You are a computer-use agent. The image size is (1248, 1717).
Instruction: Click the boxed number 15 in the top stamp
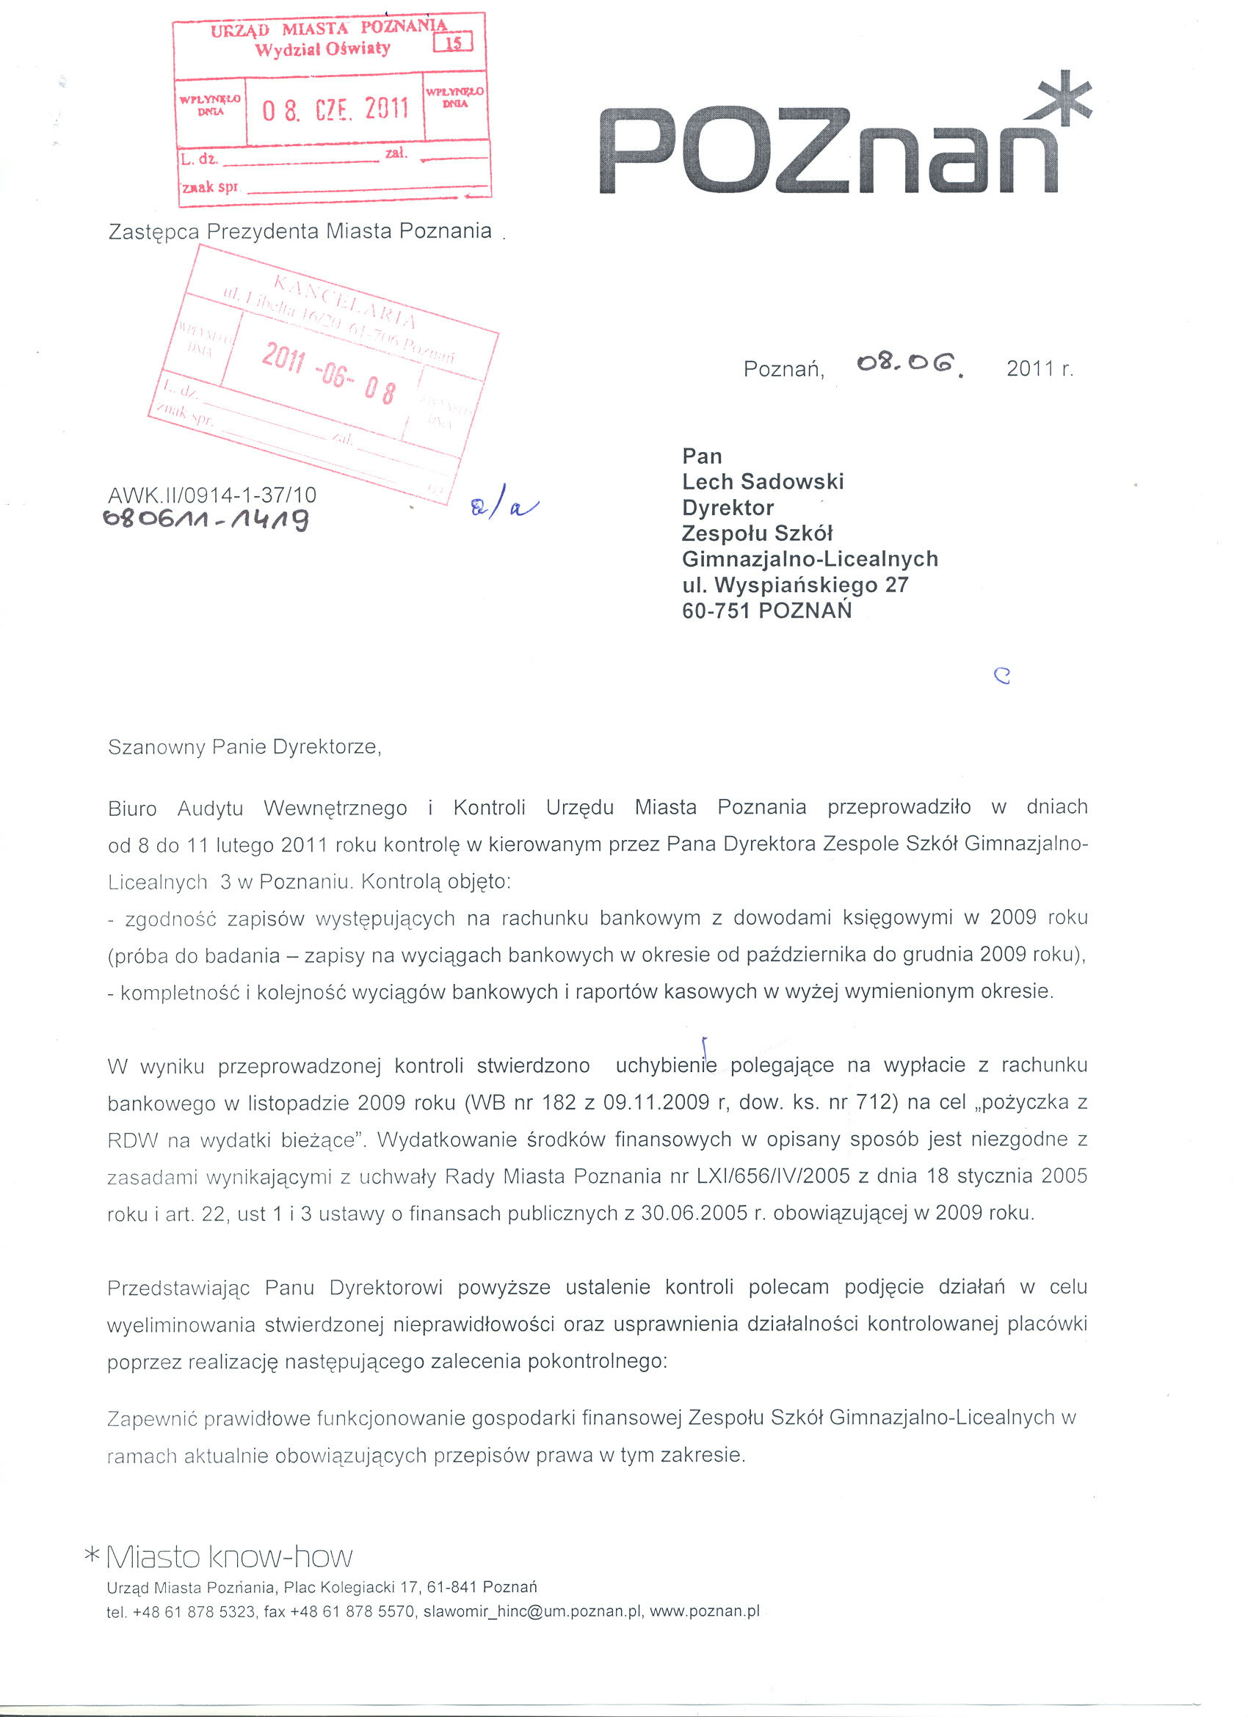[x=453, y=43]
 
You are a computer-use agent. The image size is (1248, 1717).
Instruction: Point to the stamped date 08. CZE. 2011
[x=335, y=110]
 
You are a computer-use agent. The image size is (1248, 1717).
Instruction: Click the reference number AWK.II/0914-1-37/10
[x=212, y=495]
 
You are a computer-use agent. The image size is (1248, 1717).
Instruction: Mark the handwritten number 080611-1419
[x=207, y=520]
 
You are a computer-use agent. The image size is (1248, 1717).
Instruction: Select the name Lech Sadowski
[x=763, y=481]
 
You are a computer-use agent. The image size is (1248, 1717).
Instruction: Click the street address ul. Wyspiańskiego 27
[x=795, y=585]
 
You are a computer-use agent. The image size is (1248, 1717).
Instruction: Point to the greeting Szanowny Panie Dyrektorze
[x=244, y=747]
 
